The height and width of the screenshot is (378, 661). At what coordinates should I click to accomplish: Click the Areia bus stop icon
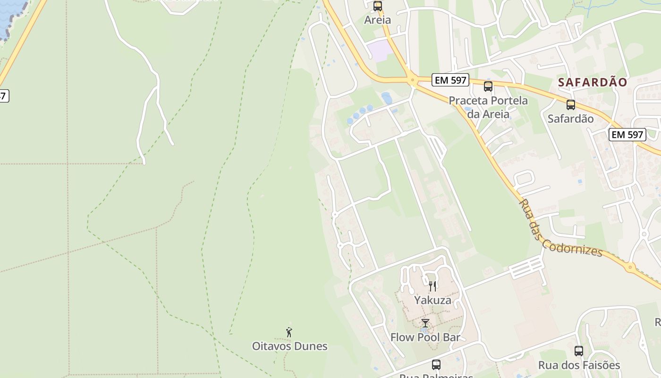coord(377,6)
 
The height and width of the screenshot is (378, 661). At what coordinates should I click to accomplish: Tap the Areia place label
coord(377,20)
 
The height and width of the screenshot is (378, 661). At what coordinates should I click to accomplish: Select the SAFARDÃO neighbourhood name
coord(593,82)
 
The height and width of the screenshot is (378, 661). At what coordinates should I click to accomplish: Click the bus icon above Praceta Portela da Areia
coord(488,86)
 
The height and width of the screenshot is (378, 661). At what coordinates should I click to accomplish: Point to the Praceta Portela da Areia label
coord(488,107)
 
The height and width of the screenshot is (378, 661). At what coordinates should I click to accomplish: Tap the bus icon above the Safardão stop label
coord(571,105)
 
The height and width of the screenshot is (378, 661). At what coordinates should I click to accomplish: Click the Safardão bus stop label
coord(570,119)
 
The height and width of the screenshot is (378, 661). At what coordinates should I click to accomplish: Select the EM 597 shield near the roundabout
coord(450,80)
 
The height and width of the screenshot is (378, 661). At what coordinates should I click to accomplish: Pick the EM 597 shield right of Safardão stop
coord(627,135)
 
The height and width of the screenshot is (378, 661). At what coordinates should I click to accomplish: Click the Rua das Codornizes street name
coord(560,229)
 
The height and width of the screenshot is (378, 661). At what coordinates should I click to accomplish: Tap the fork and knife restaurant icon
coord(432,286)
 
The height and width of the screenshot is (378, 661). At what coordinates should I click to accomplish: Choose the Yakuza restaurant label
coord(432,300)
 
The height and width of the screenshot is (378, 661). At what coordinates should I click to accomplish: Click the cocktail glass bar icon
coord(425,323)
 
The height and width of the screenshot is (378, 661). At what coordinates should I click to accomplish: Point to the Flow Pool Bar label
coord(425,337)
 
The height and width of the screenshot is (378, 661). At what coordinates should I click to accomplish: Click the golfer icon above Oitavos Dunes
coord(289,332)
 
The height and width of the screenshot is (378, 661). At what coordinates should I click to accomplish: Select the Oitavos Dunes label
coord(289,346)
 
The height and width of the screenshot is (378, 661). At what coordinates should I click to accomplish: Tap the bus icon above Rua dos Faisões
coord(579,351)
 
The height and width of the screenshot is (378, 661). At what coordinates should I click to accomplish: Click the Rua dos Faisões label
coord(579,365)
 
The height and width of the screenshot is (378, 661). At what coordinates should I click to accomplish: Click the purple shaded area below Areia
coord(380,50)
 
